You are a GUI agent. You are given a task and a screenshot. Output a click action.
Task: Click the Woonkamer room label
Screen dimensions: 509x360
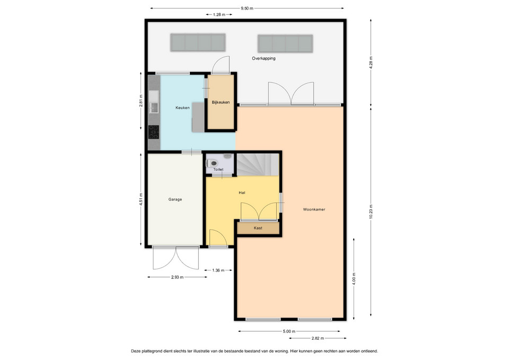pyautogui.click(x=314, y=209)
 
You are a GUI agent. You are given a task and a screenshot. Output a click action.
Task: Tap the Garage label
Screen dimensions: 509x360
pyautogui.click(x=175, y=199)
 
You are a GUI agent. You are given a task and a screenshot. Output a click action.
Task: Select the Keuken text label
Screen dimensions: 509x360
pyautogui.click(x=182, y=108)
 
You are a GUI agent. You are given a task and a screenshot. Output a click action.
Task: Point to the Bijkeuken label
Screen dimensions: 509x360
pyautogui.click(x=221, y=102)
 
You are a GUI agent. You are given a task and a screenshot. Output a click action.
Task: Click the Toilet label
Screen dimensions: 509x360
pyautogui.click(x=218, y=170)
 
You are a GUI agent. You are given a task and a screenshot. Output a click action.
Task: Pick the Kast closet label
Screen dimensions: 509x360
pyautogui.click(x=258, y=228)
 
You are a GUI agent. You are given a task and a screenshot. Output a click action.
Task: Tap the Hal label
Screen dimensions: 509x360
pyautogui.click(x=242, y=192)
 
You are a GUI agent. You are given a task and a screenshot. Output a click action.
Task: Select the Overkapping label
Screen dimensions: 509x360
pyautogui.click(x=264, y=58)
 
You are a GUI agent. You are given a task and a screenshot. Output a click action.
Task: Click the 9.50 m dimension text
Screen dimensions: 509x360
pyautogui.click(x=247, y=8)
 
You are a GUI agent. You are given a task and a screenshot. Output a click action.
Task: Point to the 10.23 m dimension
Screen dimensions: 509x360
pyautogui.click(x=371, y=212)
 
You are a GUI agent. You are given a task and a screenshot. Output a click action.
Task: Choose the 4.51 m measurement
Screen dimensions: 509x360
pyautogui.click(x=141, y=199)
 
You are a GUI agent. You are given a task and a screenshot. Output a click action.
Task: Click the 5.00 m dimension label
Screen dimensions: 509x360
pyautogui.click(x=289, y=331)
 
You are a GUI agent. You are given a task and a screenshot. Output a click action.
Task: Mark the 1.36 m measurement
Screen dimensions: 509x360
pyautogui.click(x=218, y=270)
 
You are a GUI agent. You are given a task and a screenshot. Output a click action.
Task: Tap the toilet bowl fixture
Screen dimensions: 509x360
pyautogui.click(x=213, y=163)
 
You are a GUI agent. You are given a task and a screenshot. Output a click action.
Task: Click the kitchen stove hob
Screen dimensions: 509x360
pyautogui.click(x=154, y=132)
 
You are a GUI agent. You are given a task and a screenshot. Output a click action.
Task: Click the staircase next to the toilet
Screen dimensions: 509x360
pyautogui.click(x=258, y=164)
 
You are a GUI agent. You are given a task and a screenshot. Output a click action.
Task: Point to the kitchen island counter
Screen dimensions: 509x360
pyautogui.click(x=198, y=117)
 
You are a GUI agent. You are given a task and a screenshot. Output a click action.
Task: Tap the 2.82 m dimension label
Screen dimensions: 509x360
pyautogui.click(x=318, y=338)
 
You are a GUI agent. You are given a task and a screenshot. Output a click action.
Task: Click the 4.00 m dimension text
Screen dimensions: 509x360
pyautogui.click(x=354, y=279)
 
